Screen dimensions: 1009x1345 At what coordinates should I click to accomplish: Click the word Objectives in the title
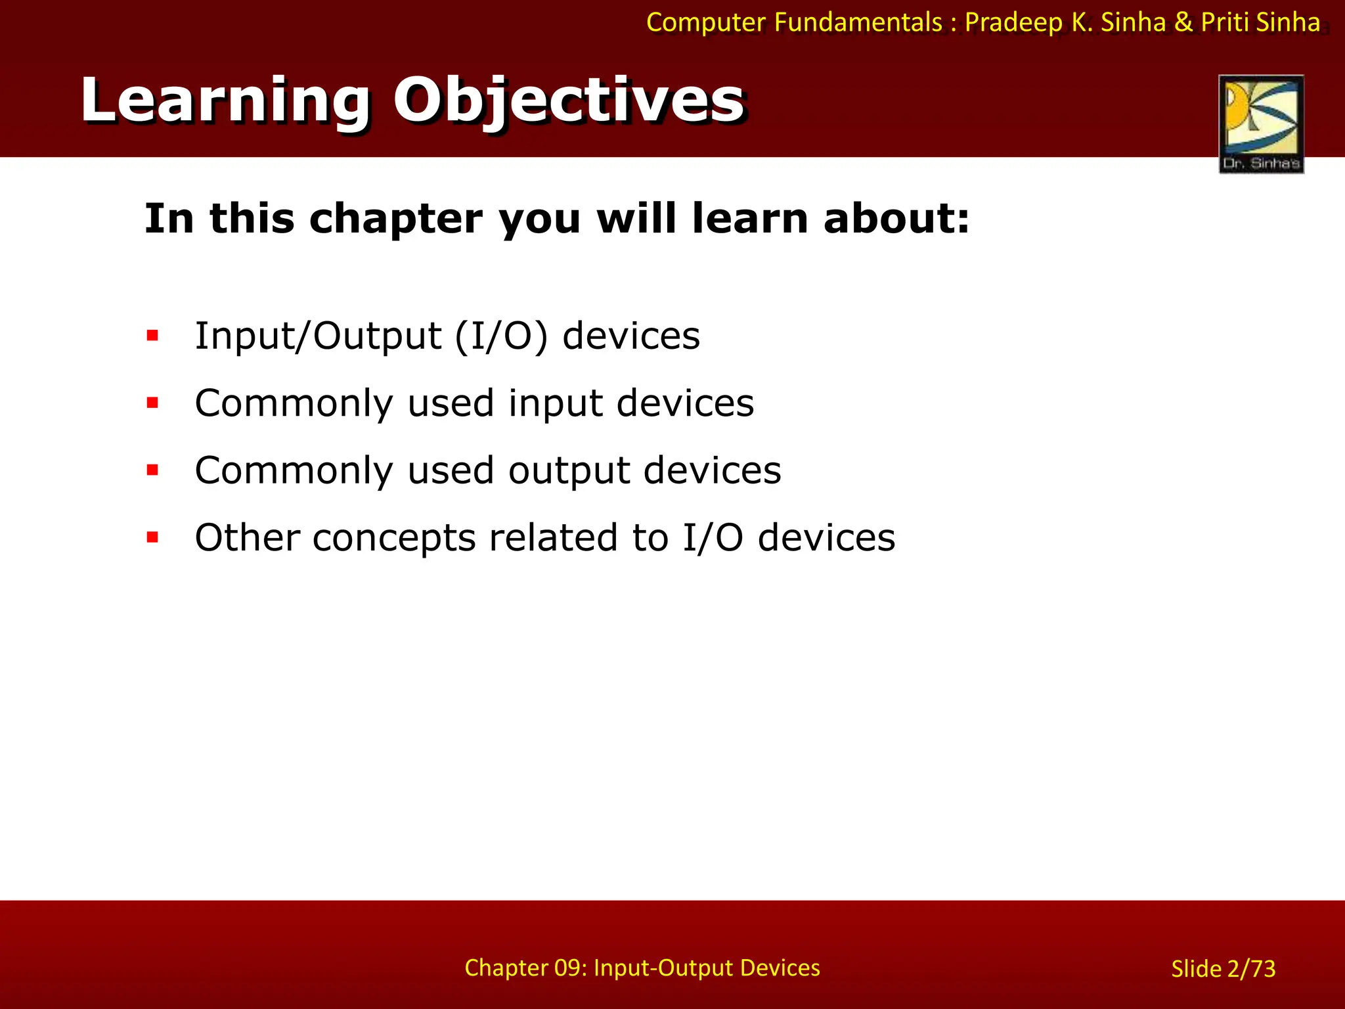tap(569, 101)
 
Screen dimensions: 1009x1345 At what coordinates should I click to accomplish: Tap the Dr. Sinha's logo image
tap(1261, 123)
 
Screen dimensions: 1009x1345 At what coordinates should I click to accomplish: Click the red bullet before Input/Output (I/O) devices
tap(153, 336)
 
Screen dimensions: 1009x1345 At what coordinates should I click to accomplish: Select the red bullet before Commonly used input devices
tap(153, 403)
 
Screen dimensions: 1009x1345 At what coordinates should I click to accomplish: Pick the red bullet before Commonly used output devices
tap(153, 470)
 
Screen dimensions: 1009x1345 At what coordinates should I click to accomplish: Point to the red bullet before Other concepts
tap(153, 538)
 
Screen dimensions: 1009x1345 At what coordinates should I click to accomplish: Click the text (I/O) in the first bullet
tap(500, 336)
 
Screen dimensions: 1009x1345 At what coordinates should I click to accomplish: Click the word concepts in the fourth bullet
tap(393, 539)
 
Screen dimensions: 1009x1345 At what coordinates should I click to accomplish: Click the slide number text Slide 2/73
tap(1223, 969)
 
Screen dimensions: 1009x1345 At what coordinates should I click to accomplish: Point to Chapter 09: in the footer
tap(525, 968)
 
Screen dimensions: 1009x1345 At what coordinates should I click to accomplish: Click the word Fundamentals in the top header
tap(858, 23)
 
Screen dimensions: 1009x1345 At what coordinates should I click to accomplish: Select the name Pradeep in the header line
tap(1013, 23)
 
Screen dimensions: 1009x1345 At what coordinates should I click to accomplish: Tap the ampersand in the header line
tap(1183, 23)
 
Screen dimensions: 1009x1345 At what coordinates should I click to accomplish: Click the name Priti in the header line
tap(1225, 23)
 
